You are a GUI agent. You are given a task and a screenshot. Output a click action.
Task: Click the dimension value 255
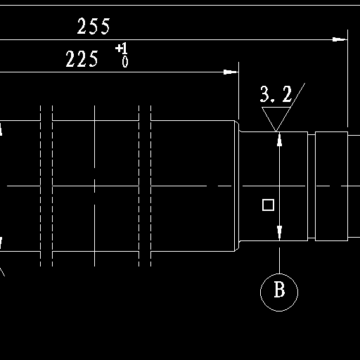pos(94,26)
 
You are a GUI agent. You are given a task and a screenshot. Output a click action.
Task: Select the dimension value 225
pos(82,59)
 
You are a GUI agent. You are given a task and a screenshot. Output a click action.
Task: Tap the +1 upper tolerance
pos(122,49)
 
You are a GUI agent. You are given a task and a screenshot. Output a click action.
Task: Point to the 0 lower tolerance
pos(125,62)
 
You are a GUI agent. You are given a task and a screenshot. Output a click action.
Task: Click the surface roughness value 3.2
pos(276,94)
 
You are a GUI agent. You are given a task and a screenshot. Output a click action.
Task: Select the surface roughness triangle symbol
pos(276,118)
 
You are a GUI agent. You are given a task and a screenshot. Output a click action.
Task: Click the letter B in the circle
pos(279,290)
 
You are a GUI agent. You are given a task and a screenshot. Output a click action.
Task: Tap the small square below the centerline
pos(268,205)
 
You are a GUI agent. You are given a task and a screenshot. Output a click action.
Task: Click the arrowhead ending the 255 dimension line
pos(340,39)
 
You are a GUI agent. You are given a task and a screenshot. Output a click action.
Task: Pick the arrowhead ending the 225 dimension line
pos(231,72)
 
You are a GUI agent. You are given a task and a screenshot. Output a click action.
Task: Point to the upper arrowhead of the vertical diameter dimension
pos(279,139)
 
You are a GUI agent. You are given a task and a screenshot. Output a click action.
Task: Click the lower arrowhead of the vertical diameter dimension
pos(279,233)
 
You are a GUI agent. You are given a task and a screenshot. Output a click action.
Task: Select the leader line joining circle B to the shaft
pos(279,260)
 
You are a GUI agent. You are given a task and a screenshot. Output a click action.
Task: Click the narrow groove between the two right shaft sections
pos(311,186)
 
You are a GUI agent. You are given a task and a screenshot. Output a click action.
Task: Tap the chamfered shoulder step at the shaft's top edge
pos(237,126)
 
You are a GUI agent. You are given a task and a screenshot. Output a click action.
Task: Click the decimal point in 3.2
pos(272,101)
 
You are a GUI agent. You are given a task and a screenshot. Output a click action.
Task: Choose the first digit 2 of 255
pos(82,26)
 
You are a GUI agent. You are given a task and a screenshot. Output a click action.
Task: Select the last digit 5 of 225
pos(94,59)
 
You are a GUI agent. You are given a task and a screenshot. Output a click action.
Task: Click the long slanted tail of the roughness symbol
pos(290,107)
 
